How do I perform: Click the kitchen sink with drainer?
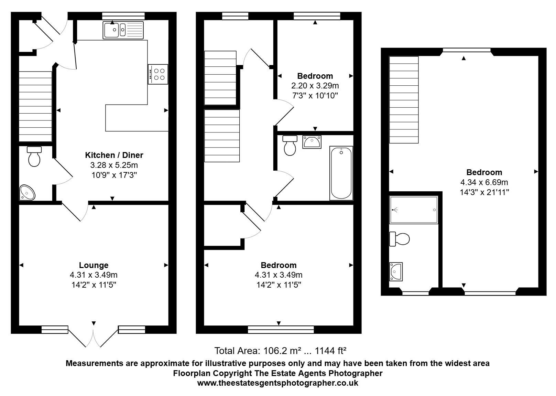[x=123, y=30]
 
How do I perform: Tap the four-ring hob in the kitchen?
[x=158, y=74]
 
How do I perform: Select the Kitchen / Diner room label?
[x=114, y=155]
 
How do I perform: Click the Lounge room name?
[x=94, y=265]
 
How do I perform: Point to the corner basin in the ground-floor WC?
[x=27, y=192]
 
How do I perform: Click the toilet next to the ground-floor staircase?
[x=34, y=156]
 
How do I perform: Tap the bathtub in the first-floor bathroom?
[x=341, y=173]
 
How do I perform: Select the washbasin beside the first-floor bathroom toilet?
[x=312, y=142]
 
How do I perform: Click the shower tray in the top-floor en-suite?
[x=414, y=210]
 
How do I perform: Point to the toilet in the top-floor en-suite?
[x=399, y=239]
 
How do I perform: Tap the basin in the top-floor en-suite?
[x=396, y=271]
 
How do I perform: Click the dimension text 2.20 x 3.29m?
[x=315, y=86]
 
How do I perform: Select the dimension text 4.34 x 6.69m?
[x=484, y=182]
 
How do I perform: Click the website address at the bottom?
[x=278, y=383]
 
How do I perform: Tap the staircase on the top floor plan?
[x=404, y=100]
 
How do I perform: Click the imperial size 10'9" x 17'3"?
[x=114, y=175]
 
